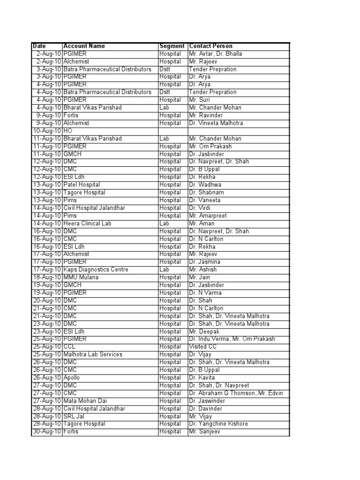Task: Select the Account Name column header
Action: (x=84, y=46)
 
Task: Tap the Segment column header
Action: (x=172, y=46)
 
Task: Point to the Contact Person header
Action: (x=210, y=46)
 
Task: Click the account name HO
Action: (x=67, y=131)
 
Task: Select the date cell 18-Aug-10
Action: (x=46, y=277)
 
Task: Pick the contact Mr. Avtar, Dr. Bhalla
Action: (x=215, y=54)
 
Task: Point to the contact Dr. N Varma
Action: (x=205, y=293)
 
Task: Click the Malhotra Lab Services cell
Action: (x=92, y=354)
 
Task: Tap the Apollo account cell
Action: (x=72, y=378)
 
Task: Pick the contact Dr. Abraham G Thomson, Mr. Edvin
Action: (x=236, y=393)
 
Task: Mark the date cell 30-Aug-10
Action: (x=46, y=432)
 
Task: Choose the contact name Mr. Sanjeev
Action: (x=204, y=432)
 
